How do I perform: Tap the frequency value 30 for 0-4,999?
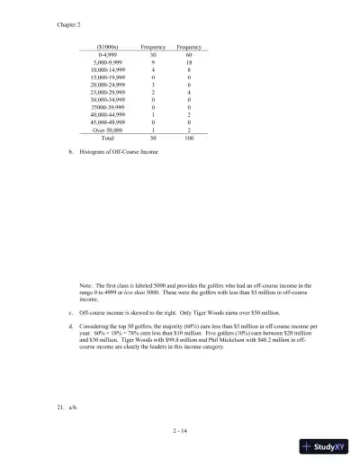coord(153,55)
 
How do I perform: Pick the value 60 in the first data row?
coord(189,55)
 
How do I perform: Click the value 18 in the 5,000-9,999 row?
coord(189,62)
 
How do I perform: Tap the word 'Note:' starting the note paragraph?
coord(86,285)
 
